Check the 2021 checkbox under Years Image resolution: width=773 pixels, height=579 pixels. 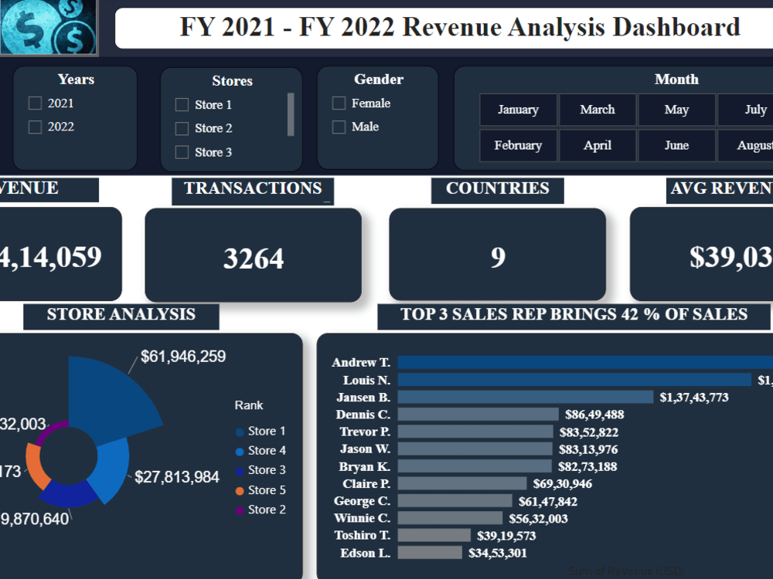click(x=35, y=103)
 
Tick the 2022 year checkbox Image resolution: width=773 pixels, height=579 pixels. click(x=35, y=127)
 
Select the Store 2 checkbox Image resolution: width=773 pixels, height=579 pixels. click(x=182, y=129)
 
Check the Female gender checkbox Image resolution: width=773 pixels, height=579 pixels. click(x=339, y=103)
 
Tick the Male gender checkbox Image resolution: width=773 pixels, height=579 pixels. click(x=339, y=127)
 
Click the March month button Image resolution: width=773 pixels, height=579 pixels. click(x=598, y=110)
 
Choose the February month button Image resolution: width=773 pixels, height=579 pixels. click(x=518, y=145)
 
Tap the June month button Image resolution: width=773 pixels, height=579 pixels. click(x=676, y=145)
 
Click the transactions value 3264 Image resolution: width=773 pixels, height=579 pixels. click(x=254, y=259)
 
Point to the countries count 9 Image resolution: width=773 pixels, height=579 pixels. click(x=498, y=257)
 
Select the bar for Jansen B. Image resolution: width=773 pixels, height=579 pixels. click(x=526, y=397)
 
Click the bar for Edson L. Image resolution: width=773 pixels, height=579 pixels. click(x=430, y=553)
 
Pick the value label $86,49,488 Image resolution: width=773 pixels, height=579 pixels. click(x=594, y=415)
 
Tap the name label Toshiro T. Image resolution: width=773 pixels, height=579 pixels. click(x=363, y=535)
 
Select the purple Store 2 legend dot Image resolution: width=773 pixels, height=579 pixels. click(x=240, y=510)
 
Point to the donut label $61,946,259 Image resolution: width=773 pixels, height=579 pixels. click(x=183, y=357)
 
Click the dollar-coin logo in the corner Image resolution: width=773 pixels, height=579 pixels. click(x=49, y=27)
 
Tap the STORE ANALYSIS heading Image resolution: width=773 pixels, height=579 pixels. click(x=121, y=315)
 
